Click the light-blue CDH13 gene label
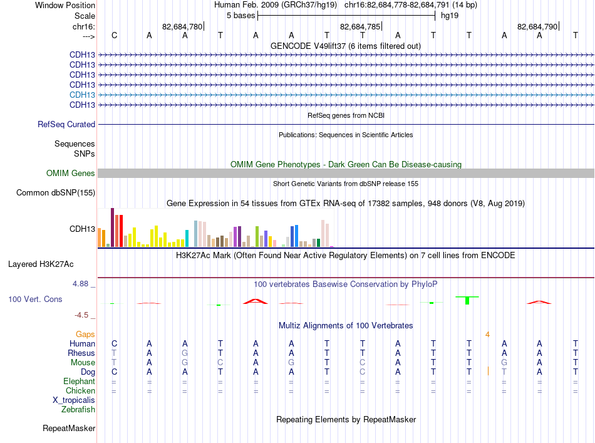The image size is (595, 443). pyautogui.click(x=82, y=95)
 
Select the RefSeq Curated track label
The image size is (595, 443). pyautogui.click(x=66, y=124)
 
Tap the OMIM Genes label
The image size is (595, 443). pyautogui.click(x=71, y=173)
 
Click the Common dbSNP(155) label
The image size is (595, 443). pyautogui.click(x=56, y=192)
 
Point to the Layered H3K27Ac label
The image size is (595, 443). pyautogui.click(x=41, y=264)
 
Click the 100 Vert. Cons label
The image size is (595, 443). pyautogui.click(x=35, y=299)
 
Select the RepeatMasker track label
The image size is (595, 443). pyautogui.click(x=69, y=428)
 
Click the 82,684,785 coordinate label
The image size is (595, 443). pyautogui.click(x=360, y=26)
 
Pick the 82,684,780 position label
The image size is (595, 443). pyautogui.click(x=182, y=26)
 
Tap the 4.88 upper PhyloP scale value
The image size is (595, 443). pyautogui.click(x=80, y=284)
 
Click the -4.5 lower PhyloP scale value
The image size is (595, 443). pyautogui.click(x=81, y=315)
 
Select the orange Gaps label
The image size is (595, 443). pyautogui.click(x=85, y=334)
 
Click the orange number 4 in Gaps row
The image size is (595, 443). pyautogui.click(x=487, y=335)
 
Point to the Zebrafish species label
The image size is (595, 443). pyautogui.click(x=78, y=410)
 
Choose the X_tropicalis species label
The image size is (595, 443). pyautogui.click(x=74, y=400)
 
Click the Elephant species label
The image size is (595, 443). pyautogui.click(x=79, y=381)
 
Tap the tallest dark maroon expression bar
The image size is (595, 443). pyautogui.click(x=112, y=227)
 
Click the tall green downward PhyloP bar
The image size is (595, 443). pyautogui.click(x=467, y=300)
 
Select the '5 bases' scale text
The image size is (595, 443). pyautogui.click(x=241, y=16)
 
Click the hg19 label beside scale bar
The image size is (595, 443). pyautogui.click(x=450, y=16)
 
